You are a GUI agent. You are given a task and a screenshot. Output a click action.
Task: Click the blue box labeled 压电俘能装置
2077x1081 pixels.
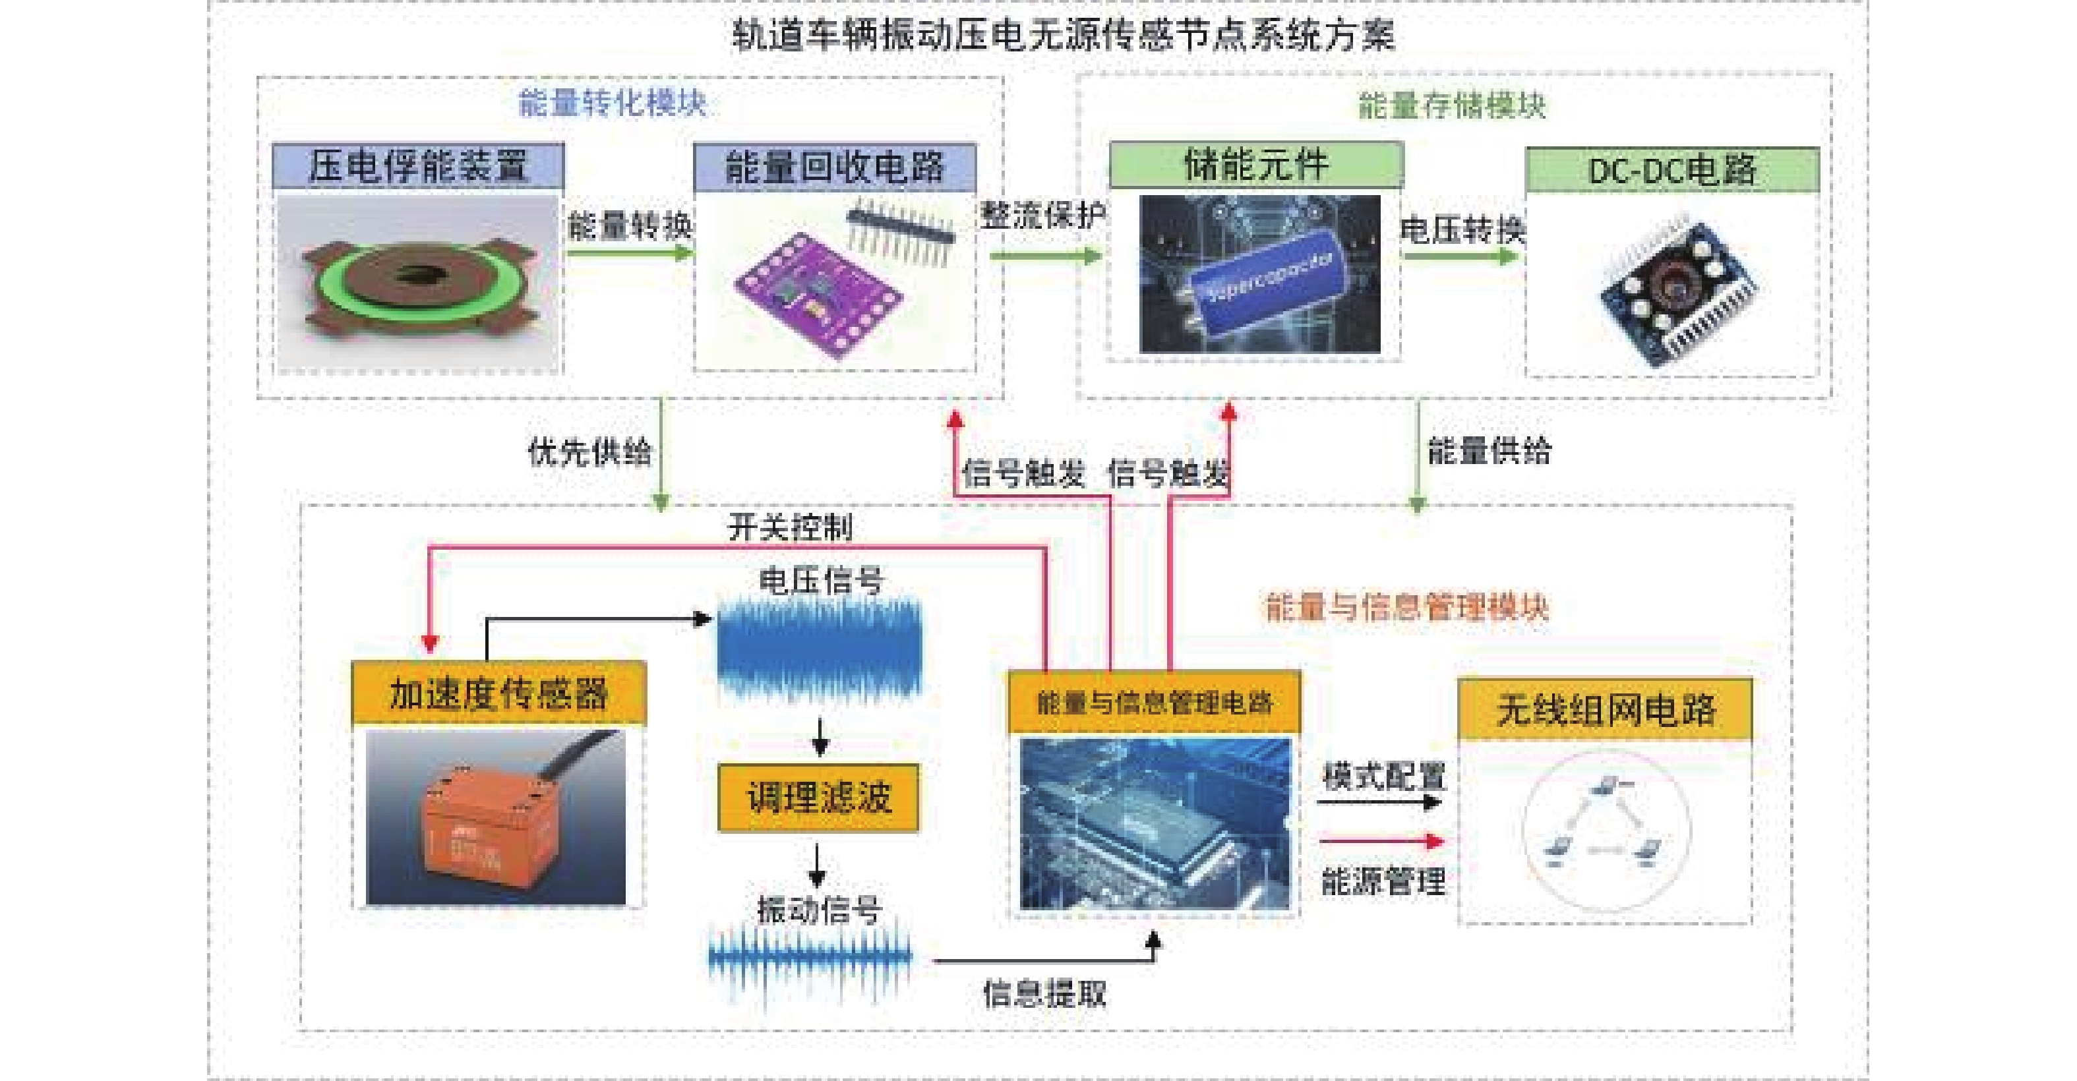coord(417,166)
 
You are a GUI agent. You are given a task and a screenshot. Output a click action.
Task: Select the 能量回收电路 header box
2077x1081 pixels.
coord(835,167)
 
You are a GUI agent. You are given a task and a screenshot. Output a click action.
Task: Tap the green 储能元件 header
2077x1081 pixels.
coord(1256,164)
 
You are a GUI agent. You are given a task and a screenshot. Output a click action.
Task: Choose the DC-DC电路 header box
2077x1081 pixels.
coord(1672,170)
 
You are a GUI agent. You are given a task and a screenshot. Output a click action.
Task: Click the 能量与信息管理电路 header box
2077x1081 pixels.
coord(1154,702)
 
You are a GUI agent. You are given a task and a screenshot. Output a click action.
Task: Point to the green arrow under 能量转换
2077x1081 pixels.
coord(629,253)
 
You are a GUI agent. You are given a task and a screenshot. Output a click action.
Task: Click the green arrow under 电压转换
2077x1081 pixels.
coord(1459,257)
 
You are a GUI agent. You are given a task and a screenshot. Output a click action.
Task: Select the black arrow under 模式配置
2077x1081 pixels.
coord(1379,802)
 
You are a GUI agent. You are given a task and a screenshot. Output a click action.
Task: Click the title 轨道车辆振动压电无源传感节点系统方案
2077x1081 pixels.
coord(1063,36)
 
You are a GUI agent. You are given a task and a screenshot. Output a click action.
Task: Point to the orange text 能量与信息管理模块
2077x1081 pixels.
coord(1407,607)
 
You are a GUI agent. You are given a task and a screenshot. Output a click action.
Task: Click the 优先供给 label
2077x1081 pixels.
coord(589,452)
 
